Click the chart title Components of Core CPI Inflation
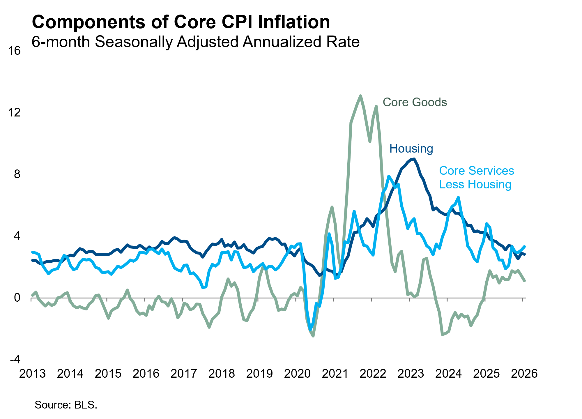click(x=181, y=22)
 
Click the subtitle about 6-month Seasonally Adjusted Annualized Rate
click(x=195, y=42)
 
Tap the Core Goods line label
click(x=415, y=102)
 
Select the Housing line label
click(x=411, y=148)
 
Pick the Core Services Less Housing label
click(x=476, y=177)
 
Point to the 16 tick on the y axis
click(x=14, y=51)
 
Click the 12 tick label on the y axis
click(x=14, y=112)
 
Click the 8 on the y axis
click(x=17, y=174)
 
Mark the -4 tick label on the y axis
click(x=15, y=359)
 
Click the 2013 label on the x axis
click(x=32, y=374)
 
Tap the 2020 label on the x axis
click(x=297, y=374)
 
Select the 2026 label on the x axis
click(x=524, y=374)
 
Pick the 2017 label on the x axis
click(x=184, y=374)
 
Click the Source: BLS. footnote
click(x=66, y=405)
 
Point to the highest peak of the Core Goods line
click(x=360, y=96)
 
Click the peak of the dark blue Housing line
click(x=414, y=159)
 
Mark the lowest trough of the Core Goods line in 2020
click(x=313, y=336)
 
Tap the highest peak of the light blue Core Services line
click(x=389, y=176)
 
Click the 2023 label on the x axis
click(x=411, y=374)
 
